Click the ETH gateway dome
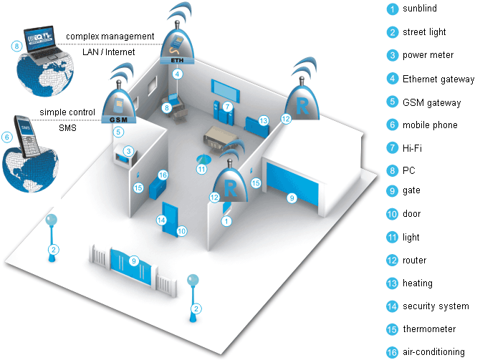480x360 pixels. (178, 47)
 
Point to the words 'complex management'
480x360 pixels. (110, 36)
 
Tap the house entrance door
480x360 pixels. (171, 219)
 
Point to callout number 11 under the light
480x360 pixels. (202, 170)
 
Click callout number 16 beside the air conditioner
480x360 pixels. (163, 175)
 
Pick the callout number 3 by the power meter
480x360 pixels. (128, 151)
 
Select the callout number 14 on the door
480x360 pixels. (161, 220)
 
